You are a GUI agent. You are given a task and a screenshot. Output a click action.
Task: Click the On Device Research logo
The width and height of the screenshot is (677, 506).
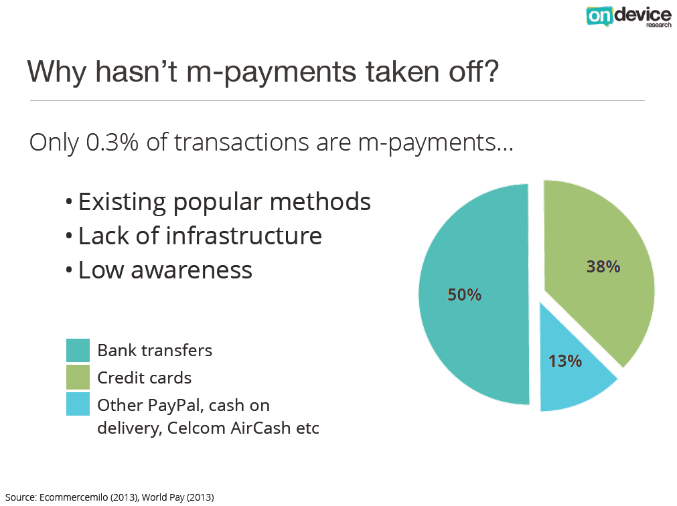(x=629, y=16)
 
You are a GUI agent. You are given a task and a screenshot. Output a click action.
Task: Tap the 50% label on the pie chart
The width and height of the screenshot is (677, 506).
(x=464, y=294)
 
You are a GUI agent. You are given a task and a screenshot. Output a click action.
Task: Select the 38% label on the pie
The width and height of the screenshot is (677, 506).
(x=603, y=266)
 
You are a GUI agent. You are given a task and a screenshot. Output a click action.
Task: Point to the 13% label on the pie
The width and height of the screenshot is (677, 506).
(x=565, y=361)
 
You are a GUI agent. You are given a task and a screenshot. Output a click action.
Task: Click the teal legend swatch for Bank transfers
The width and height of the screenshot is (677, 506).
(x=78, y=350)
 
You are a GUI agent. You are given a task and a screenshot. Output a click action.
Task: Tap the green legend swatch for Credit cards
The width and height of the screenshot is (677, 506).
(x=78, y=377)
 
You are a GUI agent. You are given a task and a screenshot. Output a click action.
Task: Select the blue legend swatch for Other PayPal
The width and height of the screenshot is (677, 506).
(x=78, y=404)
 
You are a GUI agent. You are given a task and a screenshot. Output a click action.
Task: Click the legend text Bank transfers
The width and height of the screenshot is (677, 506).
(x=155, y=350)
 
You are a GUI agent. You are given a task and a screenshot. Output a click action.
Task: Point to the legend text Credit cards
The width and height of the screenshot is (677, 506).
(x=144, y=377)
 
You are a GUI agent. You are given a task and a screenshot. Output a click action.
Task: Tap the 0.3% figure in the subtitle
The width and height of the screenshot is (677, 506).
(x=112, y=142)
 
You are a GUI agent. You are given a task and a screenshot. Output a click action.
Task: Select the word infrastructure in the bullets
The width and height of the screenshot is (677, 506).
(x=244, y=236)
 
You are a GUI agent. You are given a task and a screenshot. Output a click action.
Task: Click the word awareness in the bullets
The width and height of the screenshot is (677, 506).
(x=192, y=270)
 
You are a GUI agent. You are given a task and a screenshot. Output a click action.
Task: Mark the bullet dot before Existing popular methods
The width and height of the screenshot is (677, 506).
(x=69, y=201)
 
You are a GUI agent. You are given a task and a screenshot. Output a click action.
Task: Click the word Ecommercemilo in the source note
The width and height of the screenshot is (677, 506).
(x=74, y=497)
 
